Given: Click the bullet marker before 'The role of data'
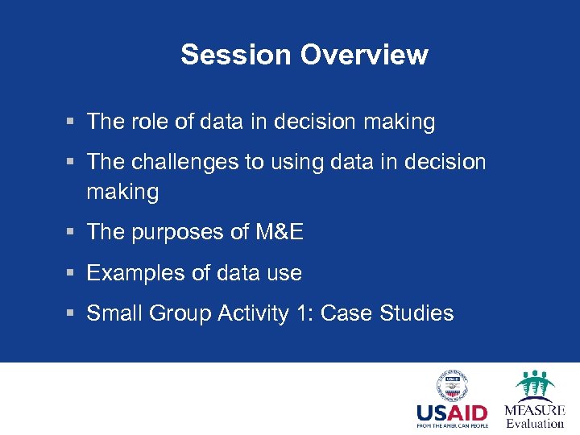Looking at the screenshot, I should click(71, 122).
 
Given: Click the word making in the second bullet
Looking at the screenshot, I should click(122, 192).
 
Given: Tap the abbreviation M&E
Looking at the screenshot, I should click(279, 232).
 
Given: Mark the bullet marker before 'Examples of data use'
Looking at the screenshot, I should click(71, 274).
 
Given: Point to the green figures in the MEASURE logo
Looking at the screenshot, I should click(534, 383).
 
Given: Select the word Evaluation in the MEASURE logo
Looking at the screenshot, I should click(535, 423).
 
